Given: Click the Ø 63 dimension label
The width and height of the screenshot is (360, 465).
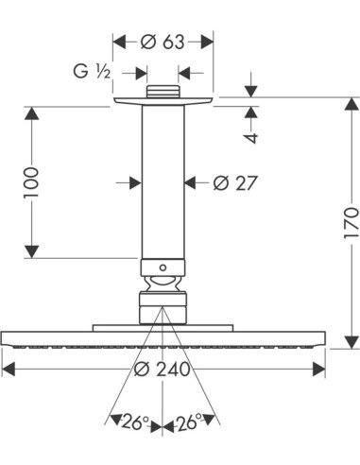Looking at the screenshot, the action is click(163, 42).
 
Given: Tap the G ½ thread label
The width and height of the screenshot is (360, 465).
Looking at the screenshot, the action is click(92, 71).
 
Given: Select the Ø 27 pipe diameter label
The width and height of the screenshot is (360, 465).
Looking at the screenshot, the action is click(235, 182).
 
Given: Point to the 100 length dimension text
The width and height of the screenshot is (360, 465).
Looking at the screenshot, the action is click(31, 182).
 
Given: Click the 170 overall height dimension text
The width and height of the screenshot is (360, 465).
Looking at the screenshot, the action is click(351, 223).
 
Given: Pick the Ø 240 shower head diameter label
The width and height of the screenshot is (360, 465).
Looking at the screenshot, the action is click(163, 369).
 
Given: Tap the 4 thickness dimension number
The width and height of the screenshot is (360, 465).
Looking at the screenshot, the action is click(251, 138).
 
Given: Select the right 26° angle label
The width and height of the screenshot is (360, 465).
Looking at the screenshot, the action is click(190, 422).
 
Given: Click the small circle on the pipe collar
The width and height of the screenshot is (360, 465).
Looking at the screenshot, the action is click(163, 267).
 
